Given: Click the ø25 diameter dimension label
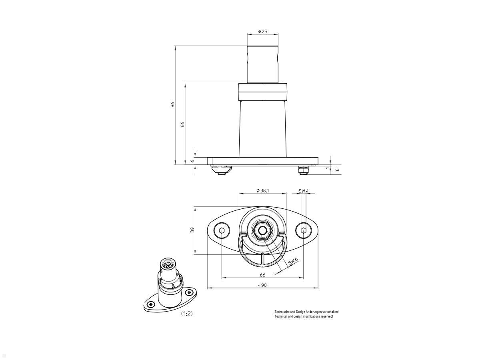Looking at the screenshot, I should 263,31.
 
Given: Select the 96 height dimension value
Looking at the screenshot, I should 172,104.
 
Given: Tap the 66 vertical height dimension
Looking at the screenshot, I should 182,124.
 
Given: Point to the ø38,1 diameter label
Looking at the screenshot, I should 262,191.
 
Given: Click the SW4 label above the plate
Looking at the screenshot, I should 304,191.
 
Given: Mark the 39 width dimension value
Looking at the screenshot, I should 192,230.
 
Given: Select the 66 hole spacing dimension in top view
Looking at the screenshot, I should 262,275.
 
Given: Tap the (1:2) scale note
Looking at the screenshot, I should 187,314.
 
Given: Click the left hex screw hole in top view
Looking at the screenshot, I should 222,230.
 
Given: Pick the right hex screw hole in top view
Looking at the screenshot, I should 304,230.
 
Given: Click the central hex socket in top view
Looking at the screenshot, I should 262,230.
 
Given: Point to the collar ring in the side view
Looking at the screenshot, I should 263,92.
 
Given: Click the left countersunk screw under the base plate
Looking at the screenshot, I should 221,171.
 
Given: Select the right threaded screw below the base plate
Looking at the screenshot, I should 304,171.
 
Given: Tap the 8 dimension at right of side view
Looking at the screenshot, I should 337,169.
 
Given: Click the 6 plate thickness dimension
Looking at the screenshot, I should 192,160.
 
